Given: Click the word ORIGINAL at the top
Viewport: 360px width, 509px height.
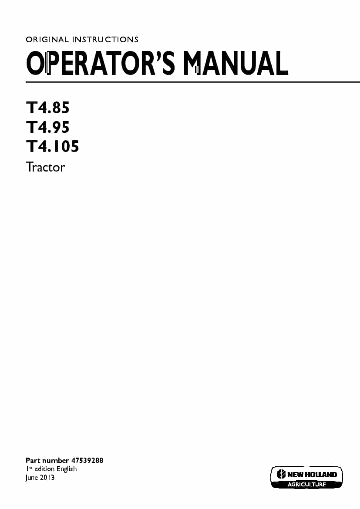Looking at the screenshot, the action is [47, 40].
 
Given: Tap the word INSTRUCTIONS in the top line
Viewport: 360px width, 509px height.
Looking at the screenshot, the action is [105, 40].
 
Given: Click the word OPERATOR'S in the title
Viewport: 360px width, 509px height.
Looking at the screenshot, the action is [101, 63].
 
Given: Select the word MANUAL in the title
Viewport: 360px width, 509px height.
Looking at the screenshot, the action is [236, 63].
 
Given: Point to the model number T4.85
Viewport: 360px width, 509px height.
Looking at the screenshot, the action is [48, 108].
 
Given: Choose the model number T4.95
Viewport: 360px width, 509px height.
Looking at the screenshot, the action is [48, 127].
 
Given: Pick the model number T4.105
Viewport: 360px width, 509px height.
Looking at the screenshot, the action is [53, 146].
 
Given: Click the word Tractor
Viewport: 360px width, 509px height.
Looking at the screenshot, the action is [45, 167].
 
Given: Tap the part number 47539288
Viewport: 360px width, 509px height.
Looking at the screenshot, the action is [87, 460].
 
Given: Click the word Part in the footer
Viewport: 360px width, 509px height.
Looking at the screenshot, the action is [33, 460].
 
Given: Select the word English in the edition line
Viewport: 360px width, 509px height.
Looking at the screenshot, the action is [67, 469].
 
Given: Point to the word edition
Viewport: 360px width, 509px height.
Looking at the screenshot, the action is [44, 469].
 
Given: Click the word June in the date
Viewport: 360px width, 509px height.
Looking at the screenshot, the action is [32, 478].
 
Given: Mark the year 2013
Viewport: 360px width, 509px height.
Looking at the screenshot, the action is [47, 478].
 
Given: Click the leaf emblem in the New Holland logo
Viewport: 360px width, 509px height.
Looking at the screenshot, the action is [282, 474].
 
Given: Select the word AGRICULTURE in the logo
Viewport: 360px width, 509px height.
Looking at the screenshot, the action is [306, 484].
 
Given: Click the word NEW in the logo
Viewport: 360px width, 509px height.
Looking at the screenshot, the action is [296, 475].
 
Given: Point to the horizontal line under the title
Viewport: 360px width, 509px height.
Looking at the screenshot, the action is [193, 82].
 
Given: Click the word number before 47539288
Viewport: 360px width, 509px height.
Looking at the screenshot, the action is [56, 460].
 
